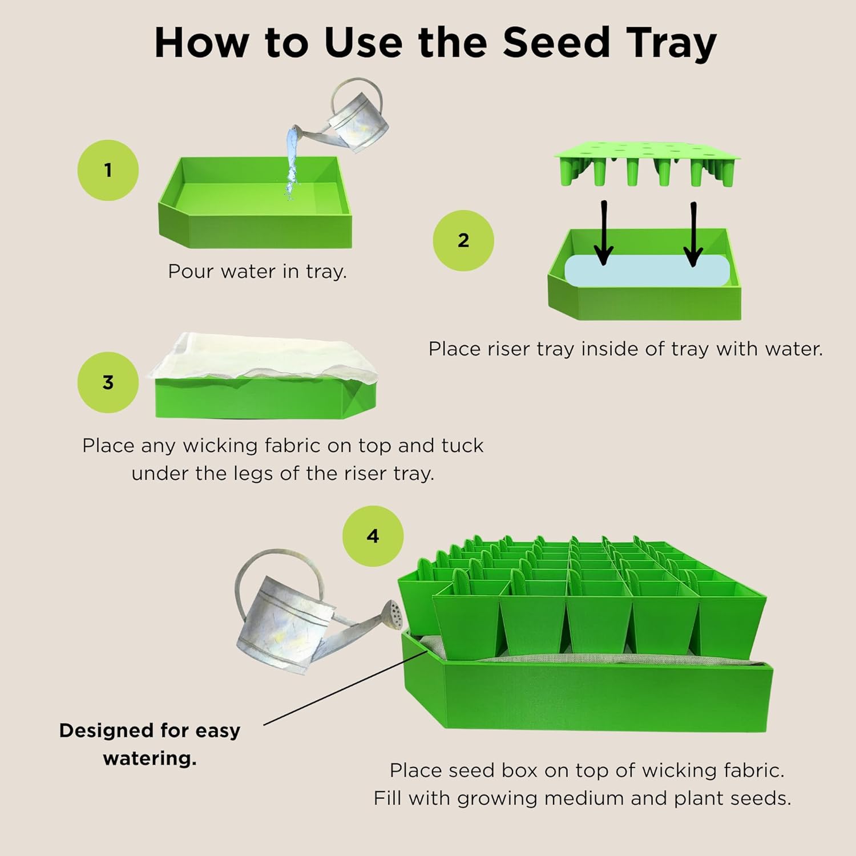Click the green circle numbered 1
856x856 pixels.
[x=108, y=170]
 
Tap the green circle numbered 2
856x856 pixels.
[x=463, y=240]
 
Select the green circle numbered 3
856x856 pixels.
[x=108, y=382]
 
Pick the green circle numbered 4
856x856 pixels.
[x=373, y=536]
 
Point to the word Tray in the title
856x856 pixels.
[x=671, y=43]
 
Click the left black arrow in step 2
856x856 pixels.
[x=603, y=234]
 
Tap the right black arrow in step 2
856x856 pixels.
[x=693, y=234]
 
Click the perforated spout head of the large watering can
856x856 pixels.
[x=395, y=613]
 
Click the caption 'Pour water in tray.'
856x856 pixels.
[x=257, y=271]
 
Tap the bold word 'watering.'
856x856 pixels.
[x=150, y=758]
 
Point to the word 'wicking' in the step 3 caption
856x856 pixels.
[x=219, y=446]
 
